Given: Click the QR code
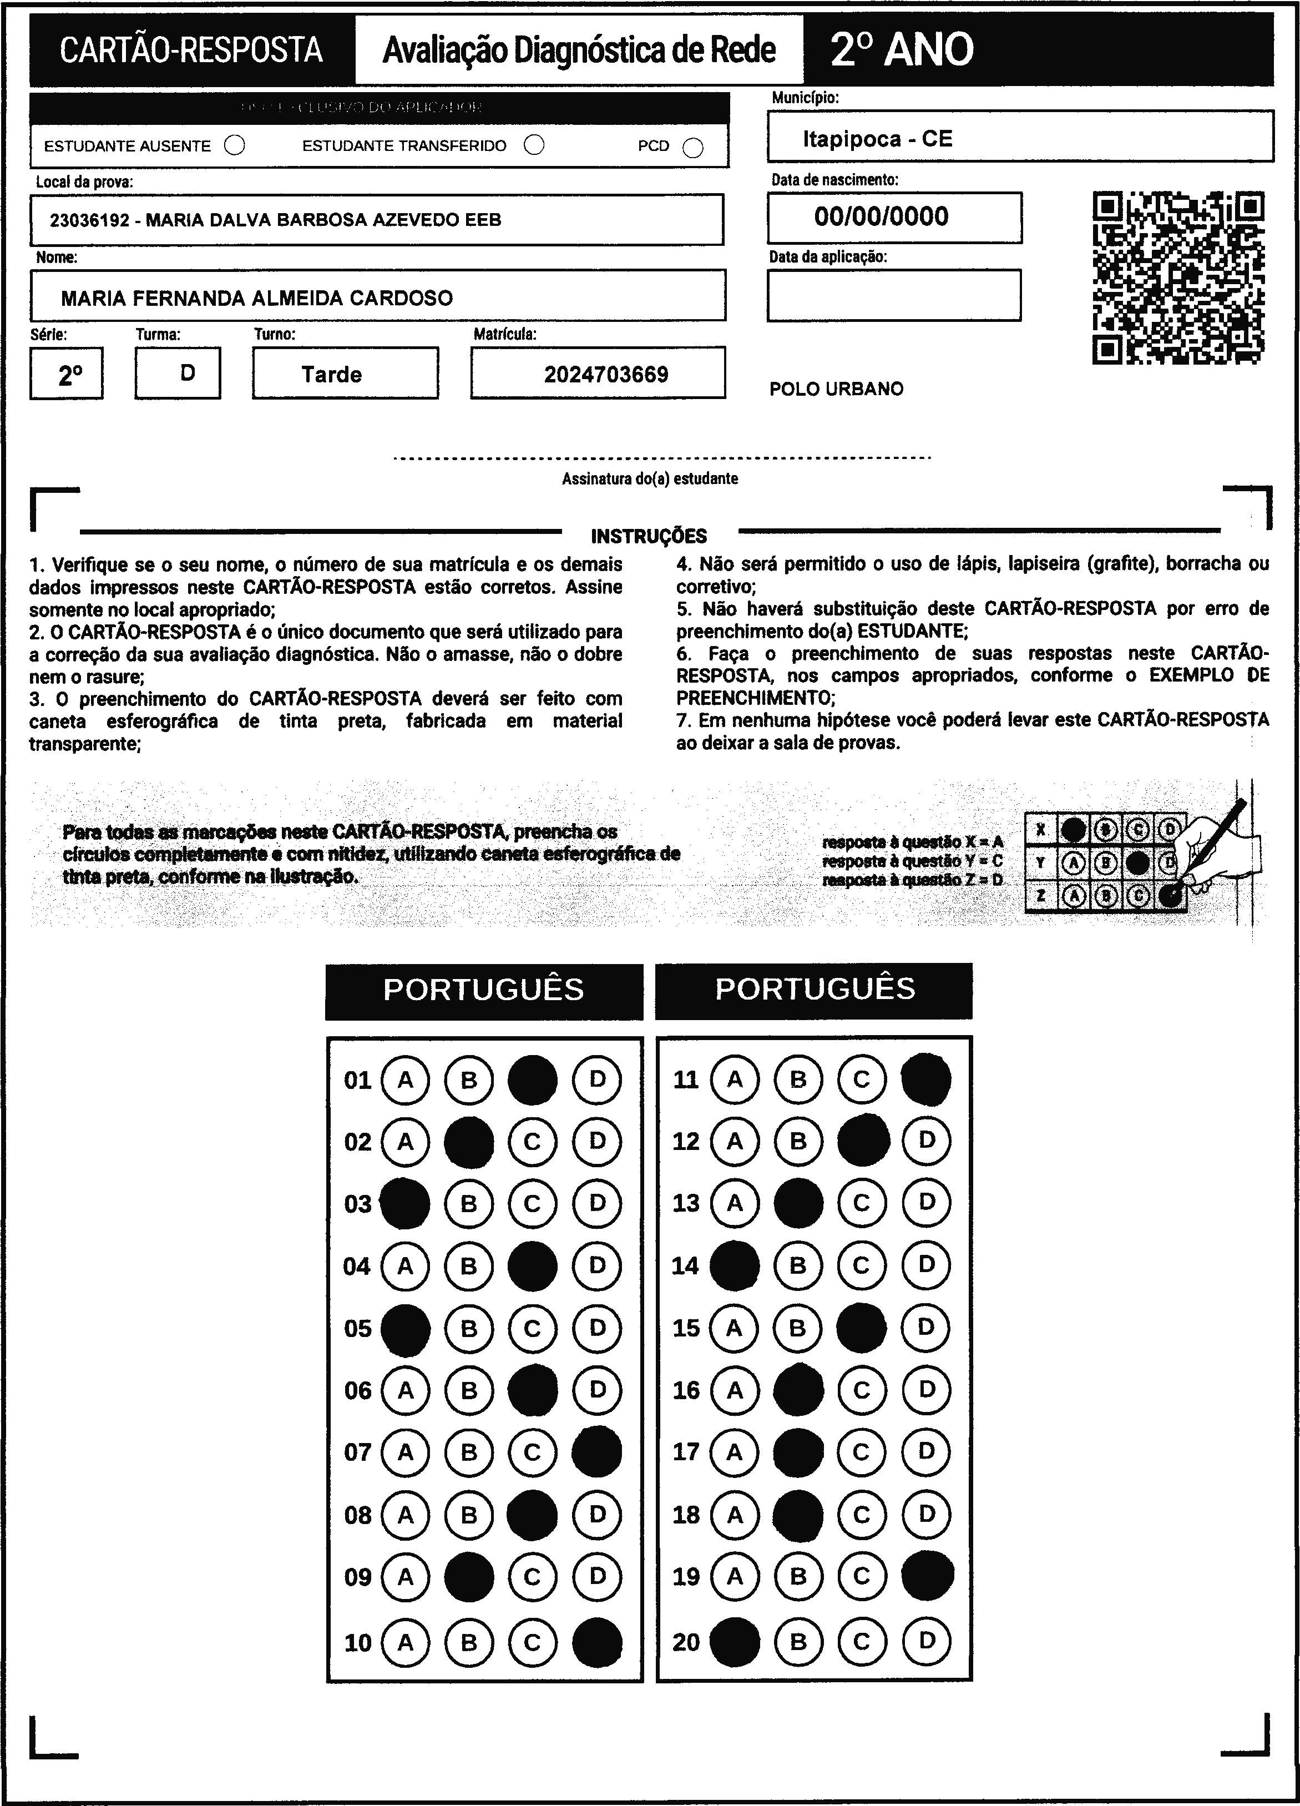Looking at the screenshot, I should (x=1178, y=277).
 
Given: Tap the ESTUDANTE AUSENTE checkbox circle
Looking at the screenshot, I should (x=235, y=146).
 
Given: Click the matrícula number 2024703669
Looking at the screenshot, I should (x=606, y=374).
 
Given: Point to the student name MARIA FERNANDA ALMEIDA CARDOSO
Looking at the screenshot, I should (x=256, y=298).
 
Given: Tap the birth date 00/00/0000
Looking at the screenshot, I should (x=881, y=216).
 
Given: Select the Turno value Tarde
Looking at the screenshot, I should (x=331, y=374).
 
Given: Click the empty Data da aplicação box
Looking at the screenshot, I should (x=893, y=295).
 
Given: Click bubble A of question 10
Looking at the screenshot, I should (x=405, y=1642).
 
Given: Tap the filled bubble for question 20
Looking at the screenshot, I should (x=734, y=1641).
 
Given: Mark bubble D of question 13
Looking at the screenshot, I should (x=926, y=1202).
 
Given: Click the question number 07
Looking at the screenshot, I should (x=357, y=1452).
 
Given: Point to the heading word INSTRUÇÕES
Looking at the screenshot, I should (x=649, y=536).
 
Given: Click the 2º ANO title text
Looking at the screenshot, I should (x=902, y=49).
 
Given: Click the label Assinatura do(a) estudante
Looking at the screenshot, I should (x=650, y=478).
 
